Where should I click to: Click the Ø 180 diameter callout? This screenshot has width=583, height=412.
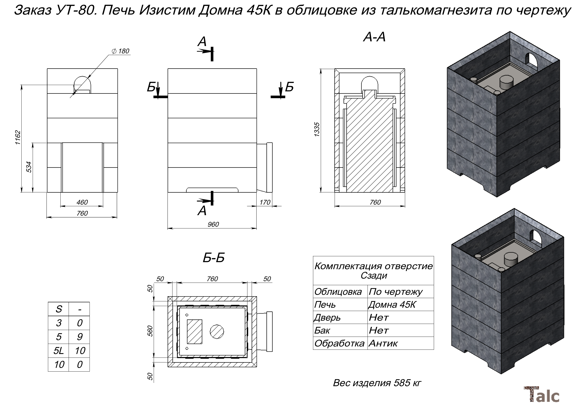click(x=121, y=51)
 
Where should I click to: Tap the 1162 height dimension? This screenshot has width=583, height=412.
click(x=18, y=137)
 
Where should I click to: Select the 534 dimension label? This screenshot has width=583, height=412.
click(x=29, y=167)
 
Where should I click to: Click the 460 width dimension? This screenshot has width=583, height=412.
click(x=82, y=202)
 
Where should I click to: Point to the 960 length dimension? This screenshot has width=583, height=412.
click(x=213, y=224)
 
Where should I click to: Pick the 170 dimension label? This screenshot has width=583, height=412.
click(x=265, y=202)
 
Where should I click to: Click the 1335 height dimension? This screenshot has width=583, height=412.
click(x=317, y=129)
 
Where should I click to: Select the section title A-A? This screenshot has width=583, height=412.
click(x=374, y=37)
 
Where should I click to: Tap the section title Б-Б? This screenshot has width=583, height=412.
click(x=214, y=258)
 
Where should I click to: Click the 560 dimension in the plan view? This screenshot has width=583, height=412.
click(x=150, y=331)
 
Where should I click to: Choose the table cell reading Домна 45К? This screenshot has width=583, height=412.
click(x=392, y=305)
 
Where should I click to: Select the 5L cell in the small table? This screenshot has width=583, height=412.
click(x=59, y=350)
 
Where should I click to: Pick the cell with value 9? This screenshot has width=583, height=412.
click(x=79, y=337)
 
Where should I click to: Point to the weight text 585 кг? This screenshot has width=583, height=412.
click(x=377, y=383)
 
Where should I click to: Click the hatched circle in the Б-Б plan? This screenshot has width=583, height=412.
click(x=217, y=331)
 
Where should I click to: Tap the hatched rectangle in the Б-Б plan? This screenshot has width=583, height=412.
click(x=195, y=331)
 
